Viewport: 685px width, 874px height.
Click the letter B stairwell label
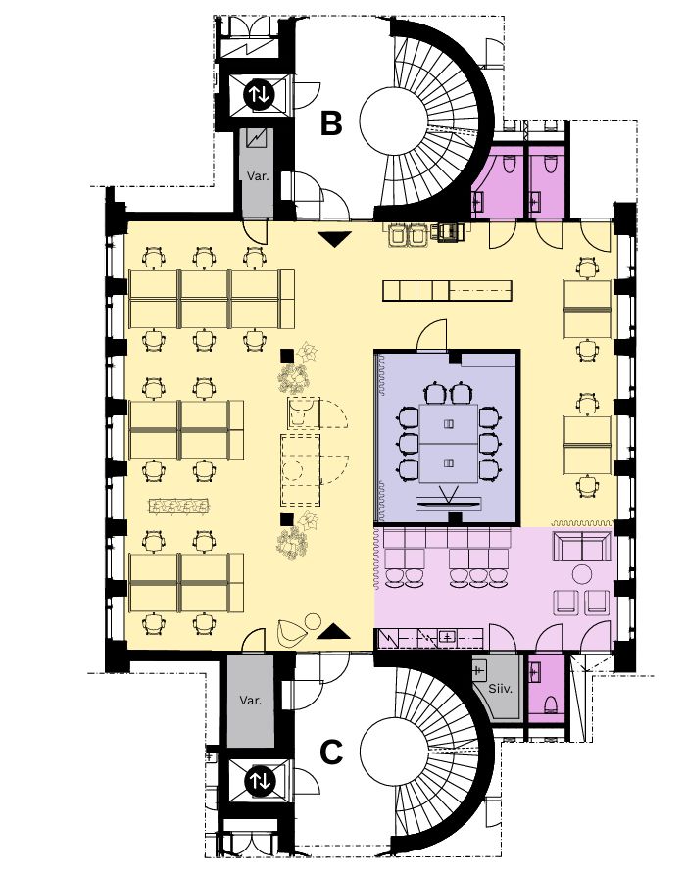click(x=331, y=123)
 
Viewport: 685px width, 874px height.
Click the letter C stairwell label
click(x=331, y=753)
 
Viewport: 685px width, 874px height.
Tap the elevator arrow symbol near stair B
click(x=259, y=94)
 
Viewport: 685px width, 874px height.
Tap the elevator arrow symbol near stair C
click(x=259, y=780)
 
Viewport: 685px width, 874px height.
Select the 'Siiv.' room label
click(x=500, y=689)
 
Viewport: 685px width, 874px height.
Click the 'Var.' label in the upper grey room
click(x=258, y=176)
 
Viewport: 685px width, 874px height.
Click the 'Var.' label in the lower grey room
click(x=250, y=701)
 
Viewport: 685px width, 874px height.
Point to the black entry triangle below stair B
click(x=337, y=239)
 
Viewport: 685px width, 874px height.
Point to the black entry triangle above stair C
click(x=334, y=632)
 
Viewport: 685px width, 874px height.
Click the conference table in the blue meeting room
click(x=449, y=443)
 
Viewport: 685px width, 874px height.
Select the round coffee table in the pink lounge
click(x=582, y=573)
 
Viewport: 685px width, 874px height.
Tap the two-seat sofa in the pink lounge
click(x=582, y=547)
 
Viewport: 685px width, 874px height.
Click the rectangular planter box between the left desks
click(x=178, y=506)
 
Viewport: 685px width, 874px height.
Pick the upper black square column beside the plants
click(x=286, y=355)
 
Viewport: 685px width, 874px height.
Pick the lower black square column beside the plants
click(x=286, y=519)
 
